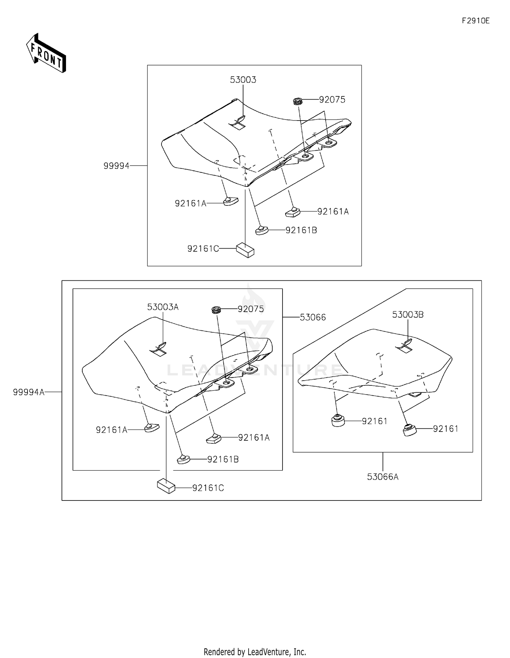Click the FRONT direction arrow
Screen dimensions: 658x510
click(x=46, y=54)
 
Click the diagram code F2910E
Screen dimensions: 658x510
click(x=475, y=21)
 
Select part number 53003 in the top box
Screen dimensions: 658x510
click(x=243, y=80)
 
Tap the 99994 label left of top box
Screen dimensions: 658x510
click(x=116, y=166)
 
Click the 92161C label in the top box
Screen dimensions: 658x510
click(x=203, y=249)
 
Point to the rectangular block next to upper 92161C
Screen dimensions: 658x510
click(x=245, y=250)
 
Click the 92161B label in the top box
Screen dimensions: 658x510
click(x=301, y=230)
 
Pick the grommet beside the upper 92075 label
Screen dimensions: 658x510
click(x=298, y=101)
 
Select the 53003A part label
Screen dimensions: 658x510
click(x=163, y=307)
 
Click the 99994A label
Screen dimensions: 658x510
click(x=29, y=392)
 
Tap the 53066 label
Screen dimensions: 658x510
click(x=313, y=317)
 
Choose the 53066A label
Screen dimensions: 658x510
click(x=382, y=477)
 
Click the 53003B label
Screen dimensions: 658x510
click(x=408, y=315)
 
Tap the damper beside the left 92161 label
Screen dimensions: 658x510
click(x=338, y=421)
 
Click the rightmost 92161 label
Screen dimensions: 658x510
click(x=445, y=429)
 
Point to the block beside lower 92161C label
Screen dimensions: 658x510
click(x=166, y=486)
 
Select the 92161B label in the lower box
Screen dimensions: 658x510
click(x=223, y=459)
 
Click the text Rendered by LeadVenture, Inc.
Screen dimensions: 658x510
click(x=255, y=652)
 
